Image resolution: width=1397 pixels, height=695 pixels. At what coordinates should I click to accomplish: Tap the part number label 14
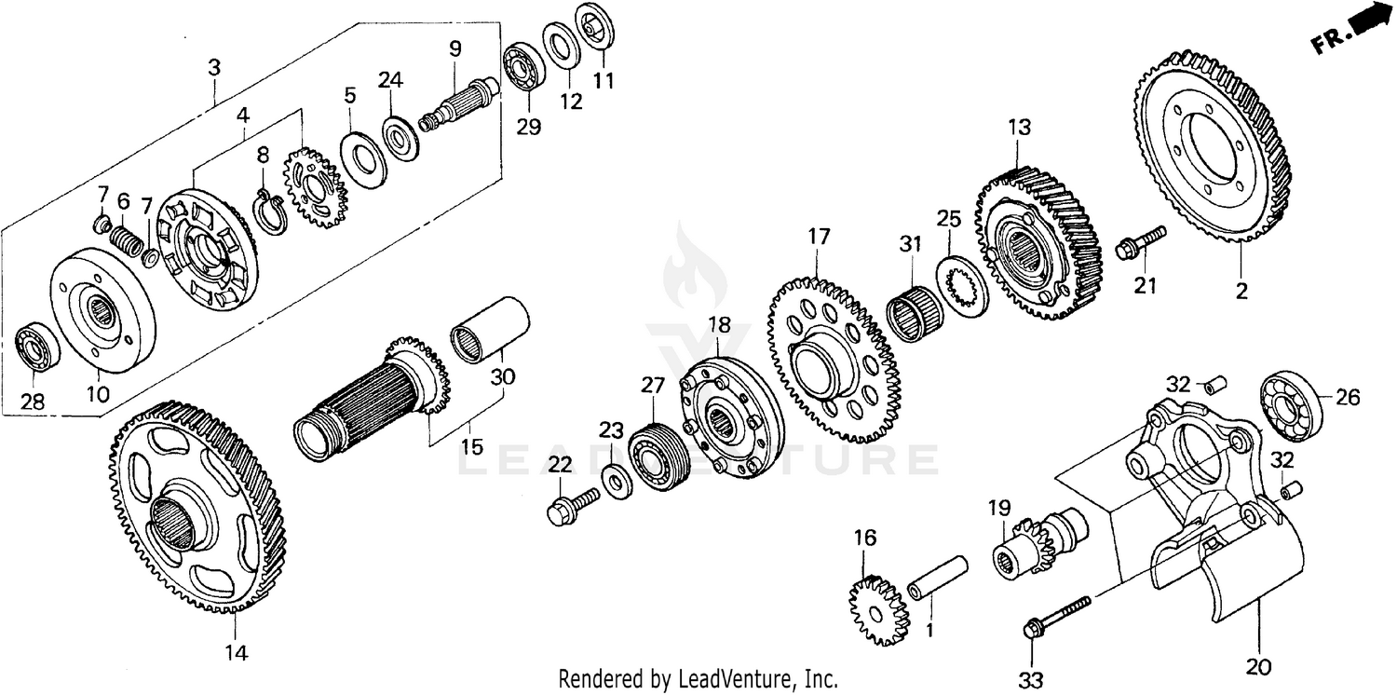coord(237,653)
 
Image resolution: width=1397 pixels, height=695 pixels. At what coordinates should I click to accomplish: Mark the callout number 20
coord(1258,667)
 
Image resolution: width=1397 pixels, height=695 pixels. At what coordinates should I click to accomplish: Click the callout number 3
coord(214,67)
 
